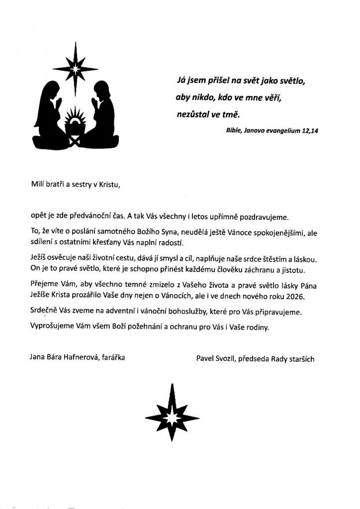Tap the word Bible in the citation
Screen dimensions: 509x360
(234, 130)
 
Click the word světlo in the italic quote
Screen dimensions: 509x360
(287, 81)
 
